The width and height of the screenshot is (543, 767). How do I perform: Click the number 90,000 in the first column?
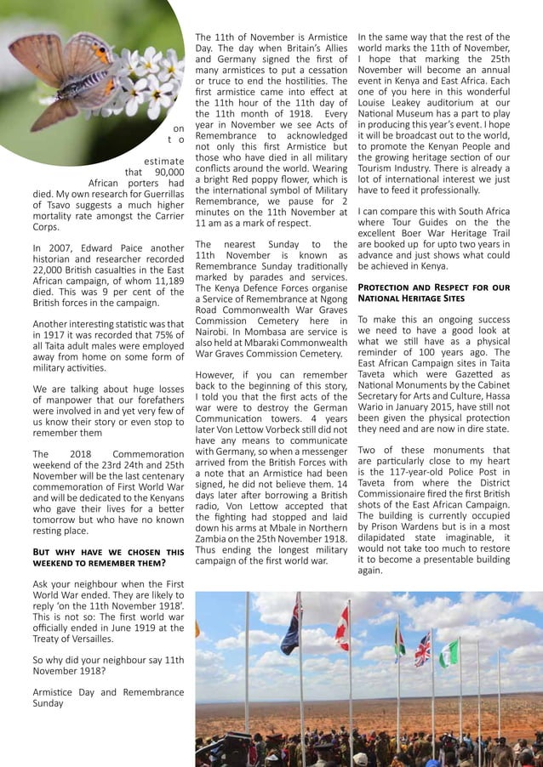pos(164,170)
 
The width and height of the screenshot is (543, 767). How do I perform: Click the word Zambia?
pos(215,537)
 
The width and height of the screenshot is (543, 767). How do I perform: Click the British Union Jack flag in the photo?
pos(422,650)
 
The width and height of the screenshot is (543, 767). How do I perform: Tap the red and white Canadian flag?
pos(343,628)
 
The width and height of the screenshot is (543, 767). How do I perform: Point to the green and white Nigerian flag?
pos(449,653)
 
